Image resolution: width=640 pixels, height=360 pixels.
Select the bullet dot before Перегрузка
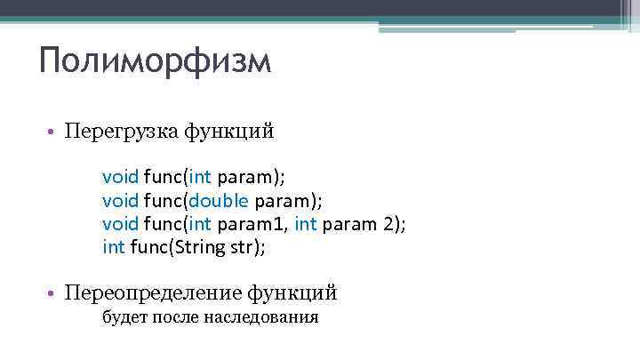[x=52, y=132]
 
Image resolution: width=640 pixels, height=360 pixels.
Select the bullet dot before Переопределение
[x=52, y=292]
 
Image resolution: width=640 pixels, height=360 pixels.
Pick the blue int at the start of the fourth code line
[x=113, y=247]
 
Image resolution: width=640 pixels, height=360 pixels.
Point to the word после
[x=176, y=317]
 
